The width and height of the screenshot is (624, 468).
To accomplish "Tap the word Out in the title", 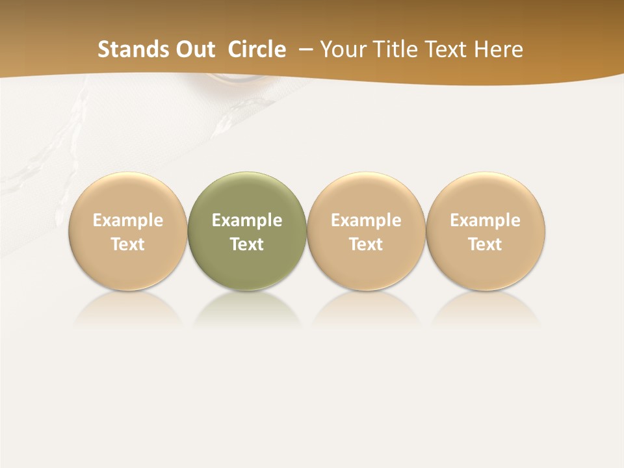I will coord(193,49).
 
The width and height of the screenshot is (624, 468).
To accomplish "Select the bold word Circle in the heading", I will coord(257,49).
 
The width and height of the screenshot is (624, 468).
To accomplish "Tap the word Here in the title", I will coord(497,49).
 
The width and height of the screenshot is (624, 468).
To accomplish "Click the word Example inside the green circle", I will coord(247,220).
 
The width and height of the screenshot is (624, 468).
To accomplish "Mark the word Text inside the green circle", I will coord(247,244).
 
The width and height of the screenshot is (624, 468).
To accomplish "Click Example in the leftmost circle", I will coord(127,220).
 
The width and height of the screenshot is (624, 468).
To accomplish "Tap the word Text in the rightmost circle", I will coord(486,244).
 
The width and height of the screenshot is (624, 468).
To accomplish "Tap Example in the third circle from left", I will coord(366,220).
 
